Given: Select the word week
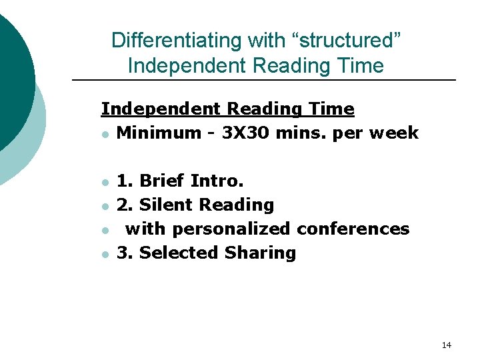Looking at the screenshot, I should point(393,133).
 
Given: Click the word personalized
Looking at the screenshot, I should point(232,229).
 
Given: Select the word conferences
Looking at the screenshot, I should point(353,229).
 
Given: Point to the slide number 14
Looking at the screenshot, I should point(446,345).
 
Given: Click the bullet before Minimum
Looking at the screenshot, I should point(105,134).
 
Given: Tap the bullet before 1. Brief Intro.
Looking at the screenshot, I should point(105,182).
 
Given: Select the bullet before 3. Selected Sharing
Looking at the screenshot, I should point(105,254).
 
